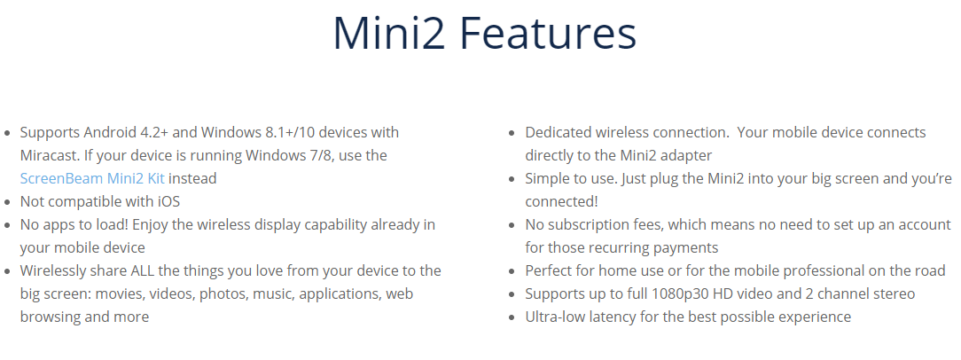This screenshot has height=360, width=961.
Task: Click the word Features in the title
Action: pos(548,33)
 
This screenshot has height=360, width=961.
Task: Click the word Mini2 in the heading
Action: pos(389,33)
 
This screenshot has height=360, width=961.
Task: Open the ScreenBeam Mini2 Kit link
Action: pos(92,178)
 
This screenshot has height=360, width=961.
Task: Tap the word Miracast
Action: pos(47,155)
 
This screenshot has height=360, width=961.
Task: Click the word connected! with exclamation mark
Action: pos(561,202)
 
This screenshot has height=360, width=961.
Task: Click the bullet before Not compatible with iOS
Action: pos(7,202)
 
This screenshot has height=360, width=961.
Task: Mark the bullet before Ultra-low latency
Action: pos(512,317)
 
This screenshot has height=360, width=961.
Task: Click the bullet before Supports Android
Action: pos(7,133)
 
